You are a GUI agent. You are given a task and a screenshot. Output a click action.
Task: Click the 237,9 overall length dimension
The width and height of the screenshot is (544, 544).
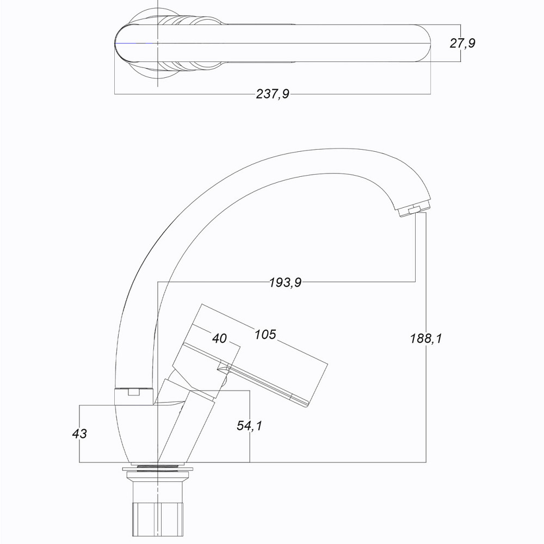tap(273, 94)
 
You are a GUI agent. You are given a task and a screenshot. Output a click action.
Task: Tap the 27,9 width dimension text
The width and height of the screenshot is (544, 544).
tap(462, 44)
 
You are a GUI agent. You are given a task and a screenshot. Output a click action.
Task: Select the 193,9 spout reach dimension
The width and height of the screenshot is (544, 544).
tap(286, 282)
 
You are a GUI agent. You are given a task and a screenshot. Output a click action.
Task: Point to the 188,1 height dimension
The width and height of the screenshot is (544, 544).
tap(426, 338)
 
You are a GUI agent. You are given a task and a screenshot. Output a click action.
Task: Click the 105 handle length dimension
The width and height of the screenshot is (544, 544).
tap(265, 335)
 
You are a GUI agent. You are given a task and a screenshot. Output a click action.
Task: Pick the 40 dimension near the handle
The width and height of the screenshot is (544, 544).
tap(219, 338)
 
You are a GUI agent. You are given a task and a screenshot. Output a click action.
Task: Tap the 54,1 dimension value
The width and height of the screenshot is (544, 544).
tap(250, 425)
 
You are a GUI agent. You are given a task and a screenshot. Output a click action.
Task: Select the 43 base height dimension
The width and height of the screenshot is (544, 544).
tap(79, 434)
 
